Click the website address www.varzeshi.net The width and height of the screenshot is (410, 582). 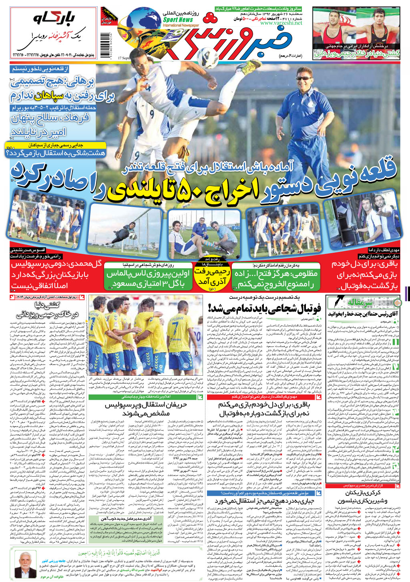click(281, 23)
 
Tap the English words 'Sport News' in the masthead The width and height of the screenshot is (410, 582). click(178, 20)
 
